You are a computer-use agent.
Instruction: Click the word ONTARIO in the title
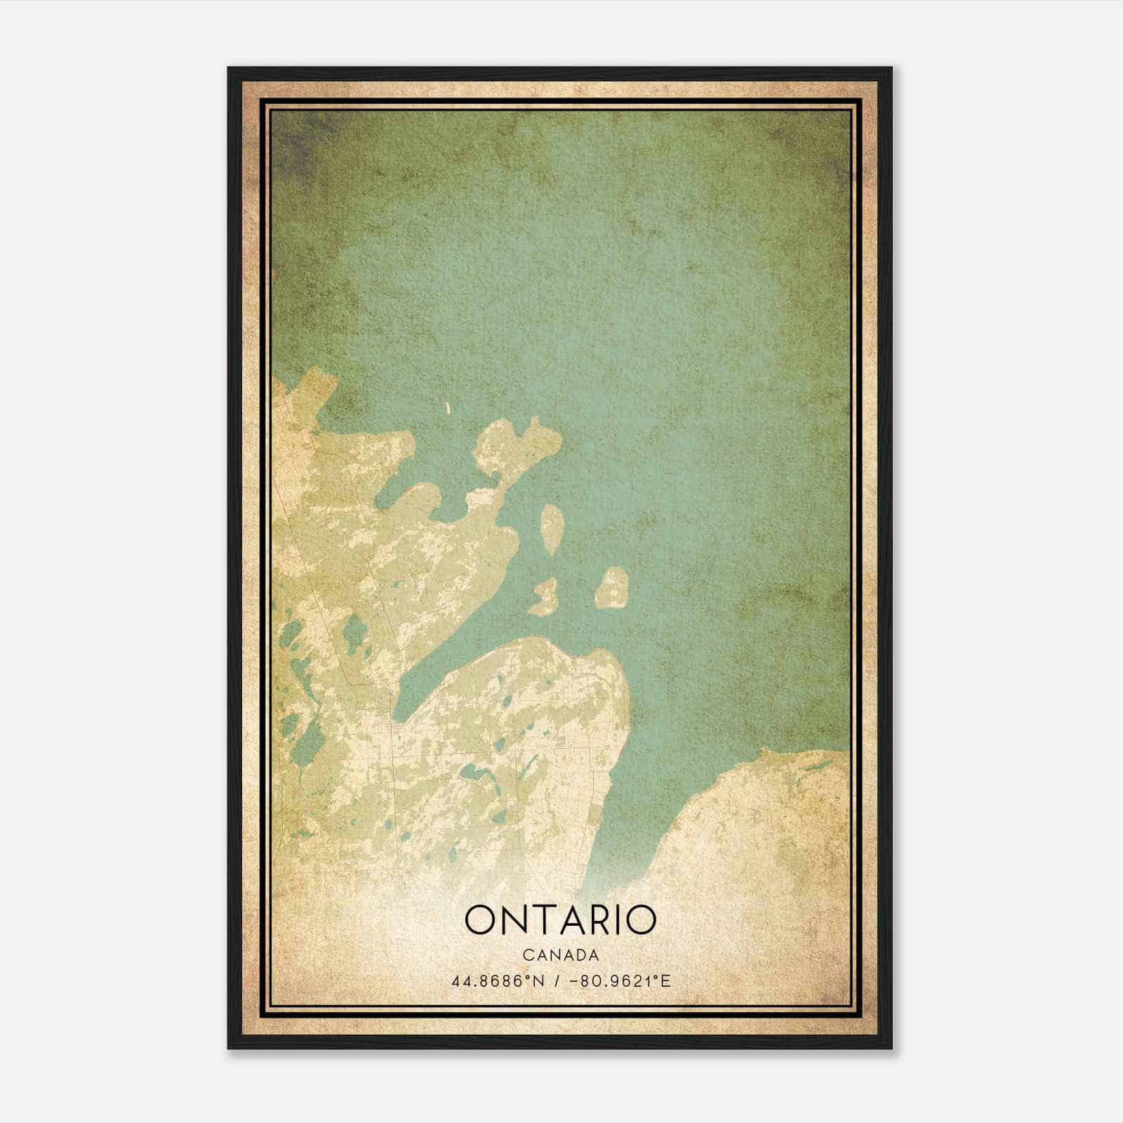pyautogui.click(x=560, y=920)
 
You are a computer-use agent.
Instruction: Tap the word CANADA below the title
pyautogui.click(x=560, y=955)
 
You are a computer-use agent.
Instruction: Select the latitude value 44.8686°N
pyautogui.click(x=498, y=980)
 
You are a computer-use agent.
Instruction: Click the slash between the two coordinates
pyautogui.click(x=557, y=980)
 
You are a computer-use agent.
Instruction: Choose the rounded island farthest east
pyautogui.click(x=612, y=587)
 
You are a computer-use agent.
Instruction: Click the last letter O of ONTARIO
pyautogui.click(x=641, y=920)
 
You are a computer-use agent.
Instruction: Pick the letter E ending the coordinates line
pyautogui.click(x=666, y=980)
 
